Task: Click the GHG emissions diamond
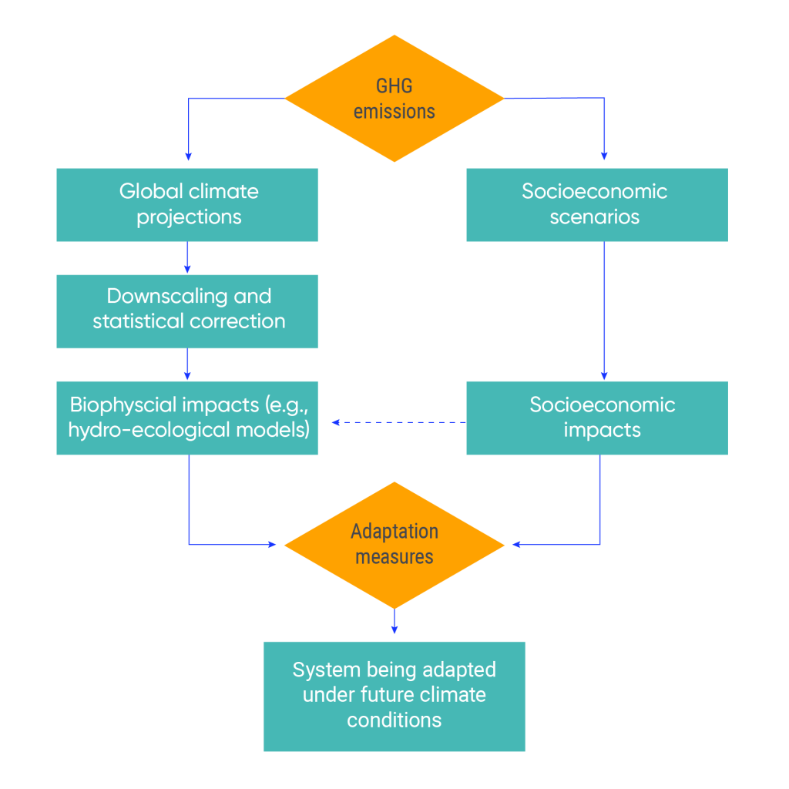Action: click(x=394, y=99)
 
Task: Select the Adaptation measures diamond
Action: click(x=394, y=545)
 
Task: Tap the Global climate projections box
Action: click(x=187, y=204)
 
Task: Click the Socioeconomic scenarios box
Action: click(x=597, y=204)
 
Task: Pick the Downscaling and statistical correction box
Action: click(x=187, y=310)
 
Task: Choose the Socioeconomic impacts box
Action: click(x=597, y=418)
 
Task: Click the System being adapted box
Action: click(x=394, y=696)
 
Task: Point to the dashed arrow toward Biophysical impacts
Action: click(x=398, y=422)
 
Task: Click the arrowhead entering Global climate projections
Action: click(x=188, y=153)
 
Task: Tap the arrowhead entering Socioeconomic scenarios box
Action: click(x=603, y=153)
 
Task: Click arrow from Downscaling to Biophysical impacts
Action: click(x=188, y=364)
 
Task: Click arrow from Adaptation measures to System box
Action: click(x=394, y=621)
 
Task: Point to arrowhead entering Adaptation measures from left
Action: click(x=271, y=545)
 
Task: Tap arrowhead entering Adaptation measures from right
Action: click(x=517, y=545)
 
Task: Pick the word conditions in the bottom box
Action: click(x=394, y=720)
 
